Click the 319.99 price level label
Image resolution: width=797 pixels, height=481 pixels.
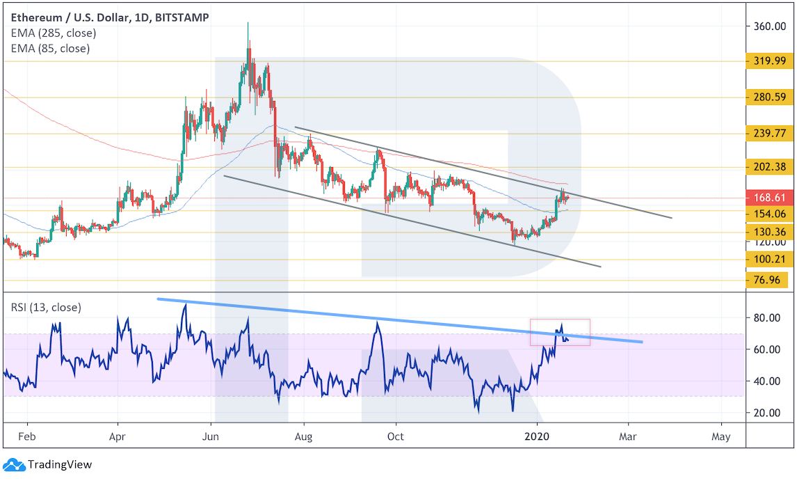pos(766,61)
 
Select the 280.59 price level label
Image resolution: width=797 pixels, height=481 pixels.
pos(766,97)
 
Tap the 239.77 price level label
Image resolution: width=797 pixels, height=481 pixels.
pos(766,133)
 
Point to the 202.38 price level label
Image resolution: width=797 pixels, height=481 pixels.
pos(766,166)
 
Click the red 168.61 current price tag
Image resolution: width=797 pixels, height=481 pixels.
pos(766,198)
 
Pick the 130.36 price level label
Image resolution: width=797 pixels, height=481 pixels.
pos(766,232)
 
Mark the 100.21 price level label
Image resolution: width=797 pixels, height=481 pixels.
pos(766,260)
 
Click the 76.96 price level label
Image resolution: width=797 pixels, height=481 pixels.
pos(766,281)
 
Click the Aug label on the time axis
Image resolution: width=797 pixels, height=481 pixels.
pos(303,437)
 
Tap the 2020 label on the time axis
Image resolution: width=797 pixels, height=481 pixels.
pos(537,437)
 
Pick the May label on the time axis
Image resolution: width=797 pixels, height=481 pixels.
pos(721,437)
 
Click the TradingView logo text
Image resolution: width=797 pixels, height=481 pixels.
pos(59,464)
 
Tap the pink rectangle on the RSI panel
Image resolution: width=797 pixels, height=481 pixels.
pos(560,332)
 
